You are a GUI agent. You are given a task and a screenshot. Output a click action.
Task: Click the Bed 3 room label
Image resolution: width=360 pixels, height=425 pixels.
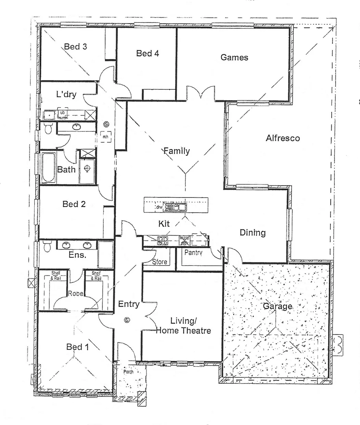[76, 47]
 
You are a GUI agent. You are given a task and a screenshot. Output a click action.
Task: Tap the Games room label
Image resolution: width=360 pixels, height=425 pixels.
[234, 57]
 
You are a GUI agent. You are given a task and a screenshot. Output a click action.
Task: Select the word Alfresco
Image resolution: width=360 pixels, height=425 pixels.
[282, 138]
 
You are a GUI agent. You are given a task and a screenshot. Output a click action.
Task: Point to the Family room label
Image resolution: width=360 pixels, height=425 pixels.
[176, 151]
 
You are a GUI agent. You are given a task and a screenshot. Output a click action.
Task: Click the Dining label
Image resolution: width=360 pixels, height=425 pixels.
[252, 233]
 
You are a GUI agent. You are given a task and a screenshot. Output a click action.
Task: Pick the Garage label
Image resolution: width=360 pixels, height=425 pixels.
[278, 306]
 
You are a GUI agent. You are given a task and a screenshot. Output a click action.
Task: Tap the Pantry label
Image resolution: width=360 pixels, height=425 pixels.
[193, 253]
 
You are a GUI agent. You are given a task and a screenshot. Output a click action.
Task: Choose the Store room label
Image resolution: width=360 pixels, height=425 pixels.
[160, 262]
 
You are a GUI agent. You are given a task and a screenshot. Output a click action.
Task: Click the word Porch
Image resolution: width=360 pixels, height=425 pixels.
[128, 371]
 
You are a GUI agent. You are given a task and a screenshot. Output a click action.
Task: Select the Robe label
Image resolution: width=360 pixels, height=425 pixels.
[74, 293]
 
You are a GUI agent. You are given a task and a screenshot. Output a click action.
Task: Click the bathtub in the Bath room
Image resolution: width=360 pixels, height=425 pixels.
[48, 168]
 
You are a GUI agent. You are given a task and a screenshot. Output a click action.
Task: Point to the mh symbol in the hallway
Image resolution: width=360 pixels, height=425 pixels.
[105, 137]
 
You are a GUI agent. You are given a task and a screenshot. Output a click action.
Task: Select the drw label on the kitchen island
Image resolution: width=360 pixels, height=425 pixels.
[159, 207]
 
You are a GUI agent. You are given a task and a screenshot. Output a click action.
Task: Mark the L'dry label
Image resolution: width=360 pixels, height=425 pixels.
[66, 94]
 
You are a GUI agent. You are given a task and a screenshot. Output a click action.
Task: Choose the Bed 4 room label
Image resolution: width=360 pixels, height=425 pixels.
[148, 53]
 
